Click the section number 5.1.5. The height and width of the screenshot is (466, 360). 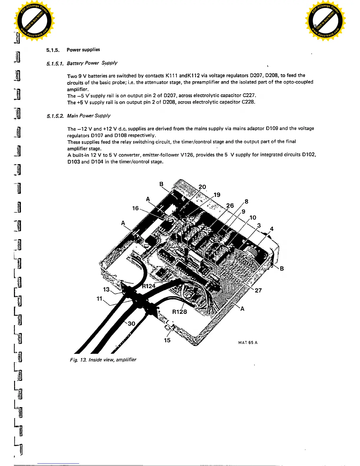point(53,50)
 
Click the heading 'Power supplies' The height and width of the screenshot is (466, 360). point(83,50)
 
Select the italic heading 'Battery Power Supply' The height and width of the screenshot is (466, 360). point(92,63)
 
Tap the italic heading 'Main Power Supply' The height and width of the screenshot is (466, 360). point(89,116)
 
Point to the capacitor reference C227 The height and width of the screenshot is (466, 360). point(249,95)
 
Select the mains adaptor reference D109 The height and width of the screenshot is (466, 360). point(272,128)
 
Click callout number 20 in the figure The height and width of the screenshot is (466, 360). point(202,187)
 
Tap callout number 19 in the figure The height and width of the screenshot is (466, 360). point(217,195)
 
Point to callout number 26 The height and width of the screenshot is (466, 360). point(230,205)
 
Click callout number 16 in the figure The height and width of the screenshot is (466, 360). point(135,208)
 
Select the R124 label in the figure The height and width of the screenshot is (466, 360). point(149,286)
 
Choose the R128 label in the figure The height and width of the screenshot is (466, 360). point(179,312)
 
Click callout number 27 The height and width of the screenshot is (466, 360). point(258,290)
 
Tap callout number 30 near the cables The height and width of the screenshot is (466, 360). point(131,324)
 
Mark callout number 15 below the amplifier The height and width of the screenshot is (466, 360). point(167,340)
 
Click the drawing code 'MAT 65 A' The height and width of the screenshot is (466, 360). point(248,342)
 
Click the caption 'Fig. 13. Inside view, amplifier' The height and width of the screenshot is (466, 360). point(103,360)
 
